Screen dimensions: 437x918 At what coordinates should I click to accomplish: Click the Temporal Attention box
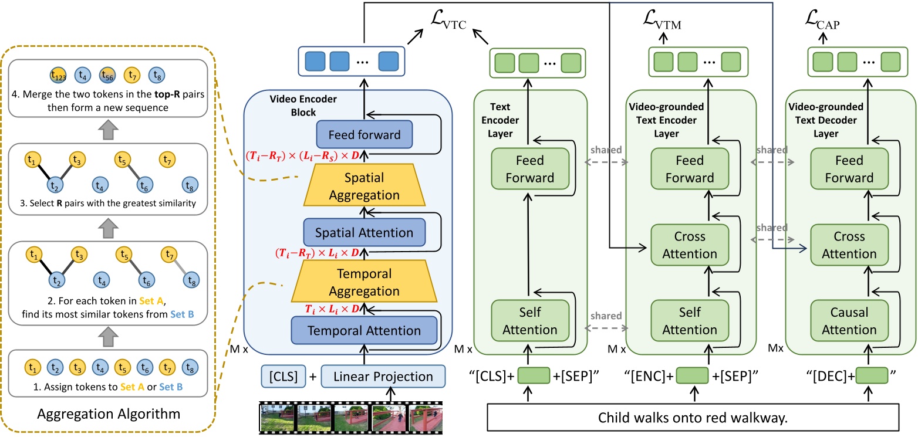click(x=363, y=330)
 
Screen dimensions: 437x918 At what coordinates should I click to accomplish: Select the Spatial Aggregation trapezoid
click(x=364, y=186)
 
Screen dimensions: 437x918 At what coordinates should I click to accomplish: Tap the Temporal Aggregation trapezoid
click(x=364, y=282)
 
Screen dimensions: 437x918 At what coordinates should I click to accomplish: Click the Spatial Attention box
click(x=364, y=232)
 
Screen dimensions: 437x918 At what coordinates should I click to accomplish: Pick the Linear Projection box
click(x=383, y=377)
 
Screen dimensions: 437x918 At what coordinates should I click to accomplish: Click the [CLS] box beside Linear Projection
click(x=283, y=377)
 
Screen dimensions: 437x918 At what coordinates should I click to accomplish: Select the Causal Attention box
click(x=849, y=321)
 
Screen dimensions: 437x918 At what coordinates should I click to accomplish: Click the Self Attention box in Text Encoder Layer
click(x=529, y=321)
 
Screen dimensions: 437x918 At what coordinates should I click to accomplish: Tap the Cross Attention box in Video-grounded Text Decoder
click(x=849, y=245)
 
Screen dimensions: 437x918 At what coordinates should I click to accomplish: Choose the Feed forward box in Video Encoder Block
click(x=364, y=134)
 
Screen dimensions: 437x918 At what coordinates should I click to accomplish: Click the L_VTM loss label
click(x=664, y=23)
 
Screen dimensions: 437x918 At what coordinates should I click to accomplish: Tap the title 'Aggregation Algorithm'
click(x=109, y=414)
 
